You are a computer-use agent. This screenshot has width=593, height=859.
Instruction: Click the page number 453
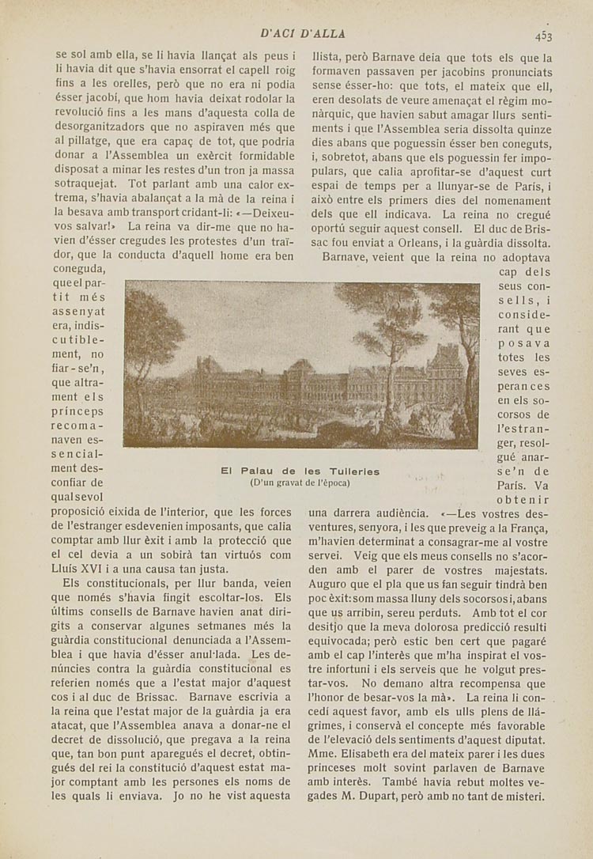(x=542, y=35)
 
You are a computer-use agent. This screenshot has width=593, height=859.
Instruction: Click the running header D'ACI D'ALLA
(x=303, y=33)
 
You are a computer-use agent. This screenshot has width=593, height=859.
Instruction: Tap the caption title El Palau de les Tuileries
(x=300, y=471)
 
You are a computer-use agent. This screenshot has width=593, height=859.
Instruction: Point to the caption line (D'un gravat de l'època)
(x=300, y=482)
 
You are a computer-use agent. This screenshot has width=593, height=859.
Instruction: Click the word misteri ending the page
(x=524, y=797)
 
